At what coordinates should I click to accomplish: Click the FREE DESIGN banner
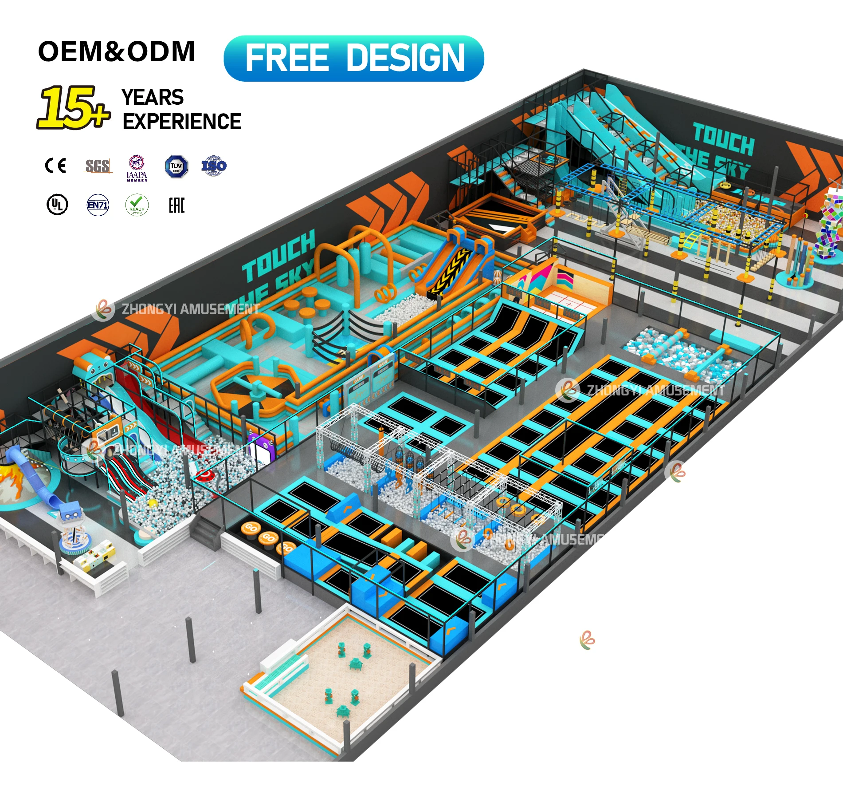353,58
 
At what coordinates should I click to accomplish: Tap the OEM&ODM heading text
116,51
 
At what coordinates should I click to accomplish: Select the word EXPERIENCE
182,122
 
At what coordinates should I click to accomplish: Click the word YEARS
153,97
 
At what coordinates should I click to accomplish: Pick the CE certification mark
56,166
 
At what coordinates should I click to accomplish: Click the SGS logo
98,166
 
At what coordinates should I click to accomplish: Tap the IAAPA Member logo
137,168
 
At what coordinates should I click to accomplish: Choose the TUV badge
176,166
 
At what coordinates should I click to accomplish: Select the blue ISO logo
214,166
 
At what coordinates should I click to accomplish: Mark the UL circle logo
57,205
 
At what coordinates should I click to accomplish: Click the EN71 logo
98,205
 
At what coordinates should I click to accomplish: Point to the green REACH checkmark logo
137,205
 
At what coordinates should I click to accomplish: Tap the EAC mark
176,205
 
